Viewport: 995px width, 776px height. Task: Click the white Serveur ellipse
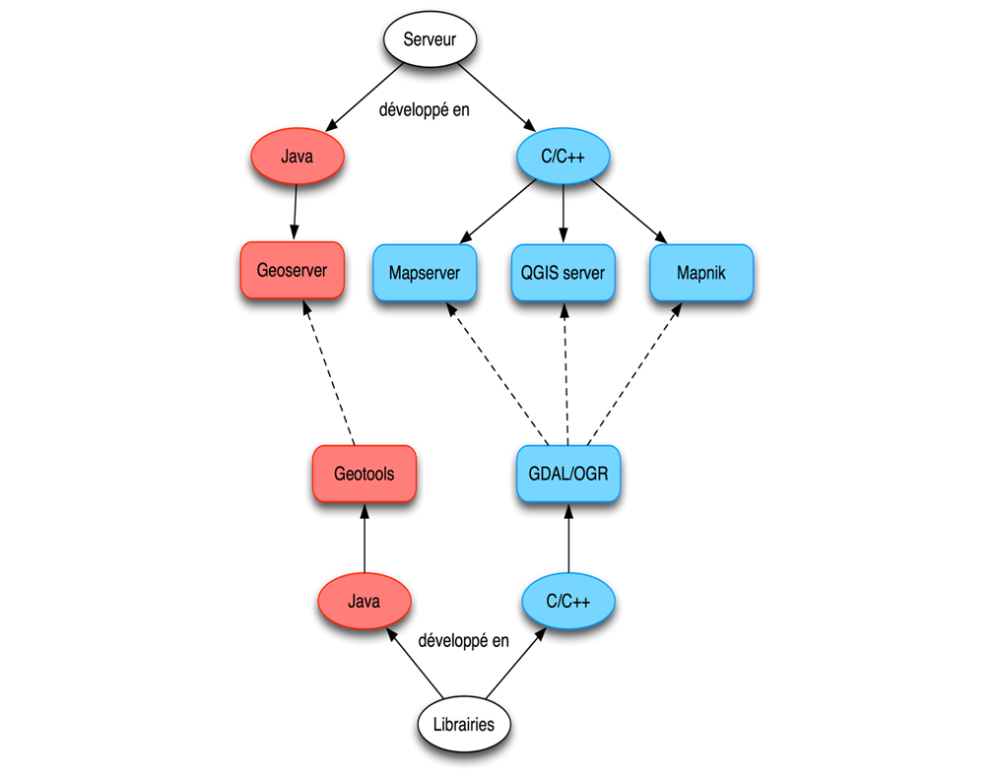tap(430, 41)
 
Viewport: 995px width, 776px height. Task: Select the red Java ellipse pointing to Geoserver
tap(297, 156)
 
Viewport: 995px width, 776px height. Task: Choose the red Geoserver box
tap(292, 269)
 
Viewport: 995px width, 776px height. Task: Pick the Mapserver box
tap(424, 273)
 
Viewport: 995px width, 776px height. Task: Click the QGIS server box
tap(563, 273)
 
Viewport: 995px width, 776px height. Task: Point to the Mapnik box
tap(700, 273)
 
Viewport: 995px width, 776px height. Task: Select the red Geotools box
tap(364, 474)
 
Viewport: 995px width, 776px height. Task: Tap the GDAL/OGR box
tap(568, 474)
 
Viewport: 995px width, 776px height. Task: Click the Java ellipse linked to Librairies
tap(364, 602)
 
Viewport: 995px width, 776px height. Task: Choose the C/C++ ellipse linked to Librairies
tap(567, 602)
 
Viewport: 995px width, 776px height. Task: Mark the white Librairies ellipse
tap(463, 725)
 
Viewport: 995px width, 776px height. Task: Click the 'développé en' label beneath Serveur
tap(425, 109)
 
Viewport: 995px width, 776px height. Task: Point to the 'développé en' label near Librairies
tap(463, 641)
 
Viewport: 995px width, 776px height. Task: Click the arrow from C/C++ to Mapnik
tap(634, 214)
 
